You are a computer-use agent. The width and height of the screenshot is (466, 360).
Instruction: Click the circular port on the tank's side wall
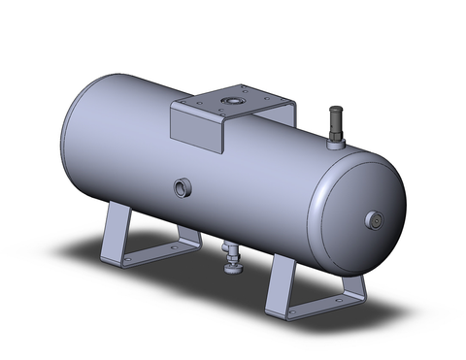[x=182, y=185]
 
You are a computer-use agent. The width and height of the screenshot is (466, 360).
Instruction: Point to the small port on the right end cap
[x=373, y=220]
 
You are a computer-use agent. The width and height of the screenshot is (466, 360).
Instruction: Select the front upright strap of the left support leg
[x=110, y=232]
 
